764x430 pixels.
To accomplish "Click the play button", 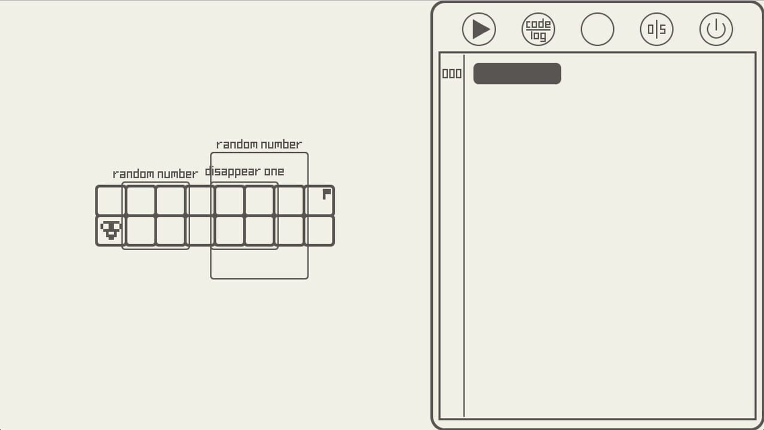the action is click(x=479, y=29).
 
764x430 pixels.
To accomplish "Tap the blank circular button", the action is click(x=597, y=29).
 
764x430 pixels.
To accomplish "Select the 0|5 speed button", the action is click(x=656, y=29).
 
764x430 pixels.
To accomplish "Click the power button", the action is click(x=716, y=29).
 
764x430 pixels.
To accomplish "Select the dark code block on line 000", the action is click(x=517, y=73).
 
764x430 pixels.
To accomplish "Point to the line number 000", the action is click(x=451, y=73).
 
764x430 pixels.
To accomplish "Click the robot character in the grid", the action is click(x=111, y=230).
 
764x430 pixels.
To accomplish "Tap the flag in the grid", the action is click(x=326, y=194).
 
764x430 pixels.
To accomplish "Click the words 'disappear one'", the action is click(x=245, y=172).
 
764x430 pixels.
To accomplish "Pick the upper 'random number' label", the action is click(x=259, y=145).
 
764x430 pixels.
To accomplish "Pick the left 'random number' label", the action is click(x=155, y=174).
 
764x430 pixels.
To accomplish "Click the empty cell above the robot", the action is click(x=111, y=200).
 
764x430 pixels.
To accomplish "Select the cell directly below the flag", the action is click(x=319, y=231).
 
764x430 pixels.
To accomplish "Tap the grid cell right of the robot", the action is click(x=140, y=231).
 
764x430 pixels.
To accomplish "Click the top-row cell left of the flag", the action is click(x=289, y=200).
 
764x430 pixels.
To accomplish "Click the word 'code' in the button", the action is click(x=538, y=24).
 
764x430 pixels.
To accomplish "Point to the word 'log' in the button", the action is click(x=538, y=36).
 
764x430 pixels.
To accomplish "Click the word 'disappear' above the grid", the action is click(x=233, y=172).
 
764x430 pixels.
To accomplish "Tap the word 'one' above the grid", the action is click(x=274, y=171).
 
